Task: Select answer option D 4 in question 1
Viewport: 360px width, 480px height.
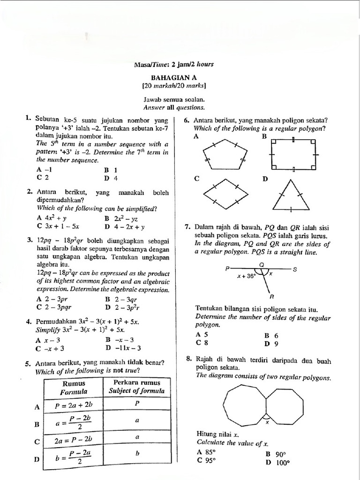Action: click(x=111, y=178)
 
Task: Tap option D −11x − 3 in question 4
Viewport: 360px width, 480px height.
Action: click(x=123, y=348)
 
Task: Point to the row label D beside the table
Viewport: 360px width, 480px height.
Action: click(x=37, y=460)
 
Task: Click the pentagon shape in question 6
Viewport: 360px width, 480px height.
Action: click(x=223, y=154)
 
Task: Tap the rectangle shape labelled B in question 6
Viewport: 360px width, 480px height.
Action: click(x=291, y=154)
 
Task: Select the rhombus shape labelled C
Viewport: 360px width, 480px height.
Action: click(x=223, y=193)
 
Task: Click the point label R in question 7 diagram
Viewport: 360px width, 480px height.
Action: click(x=271, y=296)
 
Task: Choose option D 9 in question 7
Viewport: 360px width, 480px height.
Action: click(x=271, y=343)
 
